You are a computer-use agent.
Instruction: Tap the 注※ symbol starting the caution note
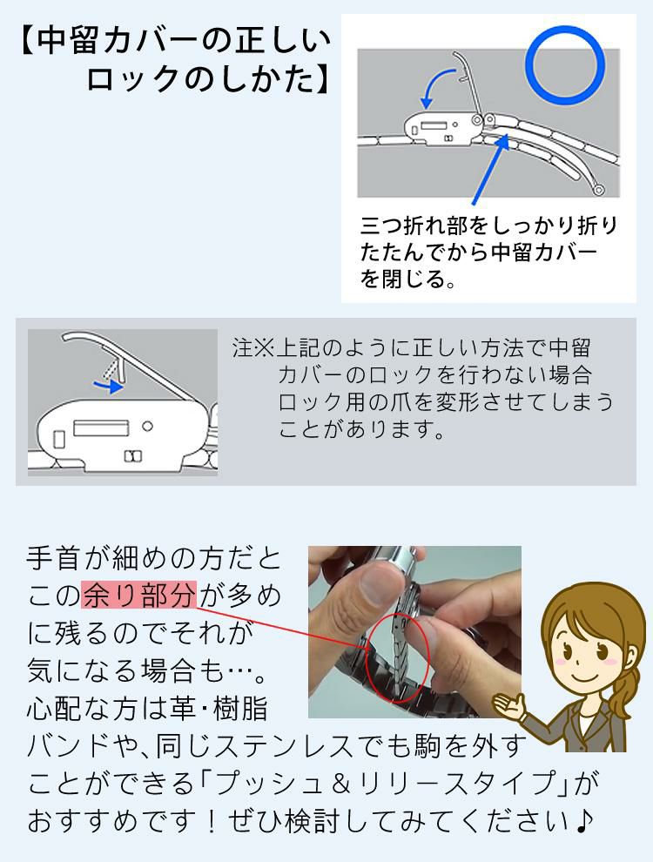[252, 349]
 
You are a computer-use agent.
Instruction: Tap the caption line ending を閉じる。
[409, 280]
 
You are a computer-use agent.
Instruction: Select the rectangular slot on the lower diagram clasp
[101, 428]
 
